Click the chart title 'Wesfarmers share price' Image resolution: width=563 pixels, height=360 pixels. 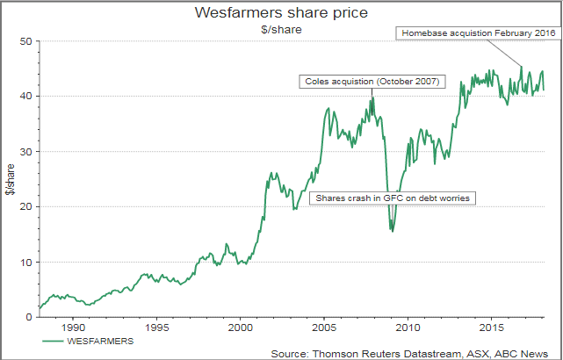(280, 13)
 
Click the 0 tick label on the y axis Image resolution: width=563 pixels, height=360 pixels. (28, 317)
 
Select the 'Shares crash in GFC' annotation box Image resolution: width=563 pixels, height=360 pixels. (393, 198)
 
